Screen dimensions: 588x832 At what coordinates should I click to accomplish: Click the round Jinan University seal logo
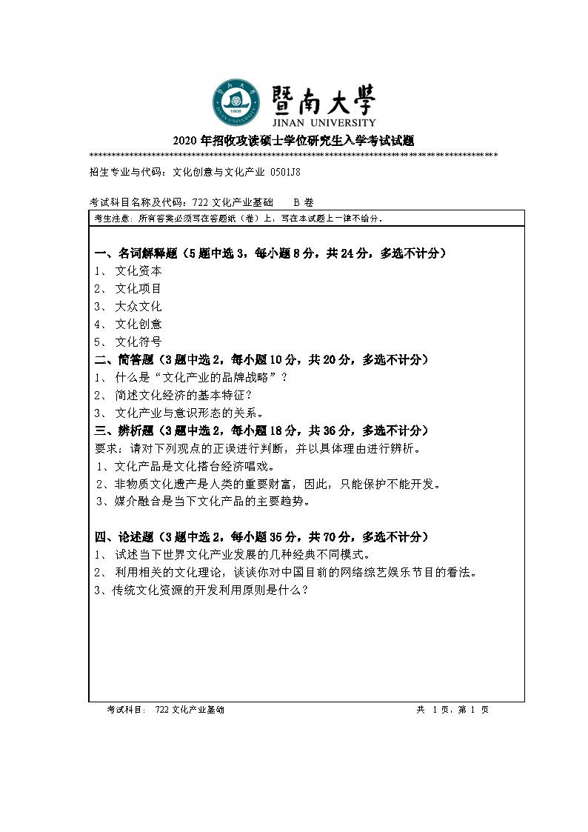pyautogui.click(x=237, y=103)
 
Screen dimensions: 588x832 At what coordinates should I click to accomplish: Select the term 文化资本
pyautogui.click(x=138, y=271)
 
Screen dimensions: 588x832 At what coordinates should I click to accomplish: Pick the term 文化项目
pyautogui.click(x=138, y=288)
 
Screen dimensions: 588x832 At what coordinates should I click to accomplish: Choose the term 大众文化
pyautogui.click(x=138, y=306)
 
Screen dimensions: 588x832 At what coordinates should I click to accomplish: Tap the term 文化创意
pyautogui.click(x=138, y=324)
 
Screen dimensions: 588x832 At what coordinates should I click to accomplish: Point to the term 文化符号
pyautogui.click(x=138, y=342)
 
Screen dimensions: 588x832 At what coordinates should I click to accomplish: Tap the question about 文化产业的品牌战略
pyautogui.click(x=201, y=377)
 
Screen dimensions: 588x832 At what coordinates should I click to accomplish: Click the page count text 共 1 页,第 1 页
pyautogui.click(x=452, y=710)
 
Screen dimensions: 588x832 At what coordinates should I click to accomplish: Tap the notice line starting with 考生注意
pyautogui.click(x=237, y=219)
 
